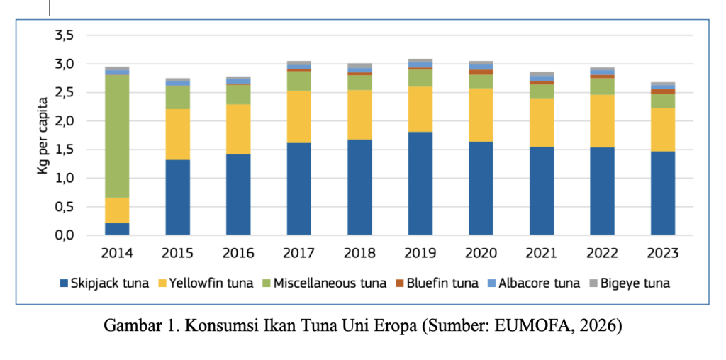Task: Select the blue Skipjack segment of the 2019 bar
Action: point(420,183)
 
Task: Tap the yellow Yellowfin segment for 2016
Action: point(238,129)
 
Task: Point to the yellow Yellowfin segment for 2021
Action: point(542,122)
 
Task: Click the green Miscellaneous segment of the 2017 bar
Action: point(299,81)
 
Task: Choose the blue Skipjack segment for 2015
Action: point(177,197)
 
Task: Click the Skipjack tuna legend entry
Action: point(104,283)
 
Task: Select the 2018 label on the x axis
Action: point(359,253)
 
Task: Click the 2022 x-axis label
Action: point(603,253)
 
